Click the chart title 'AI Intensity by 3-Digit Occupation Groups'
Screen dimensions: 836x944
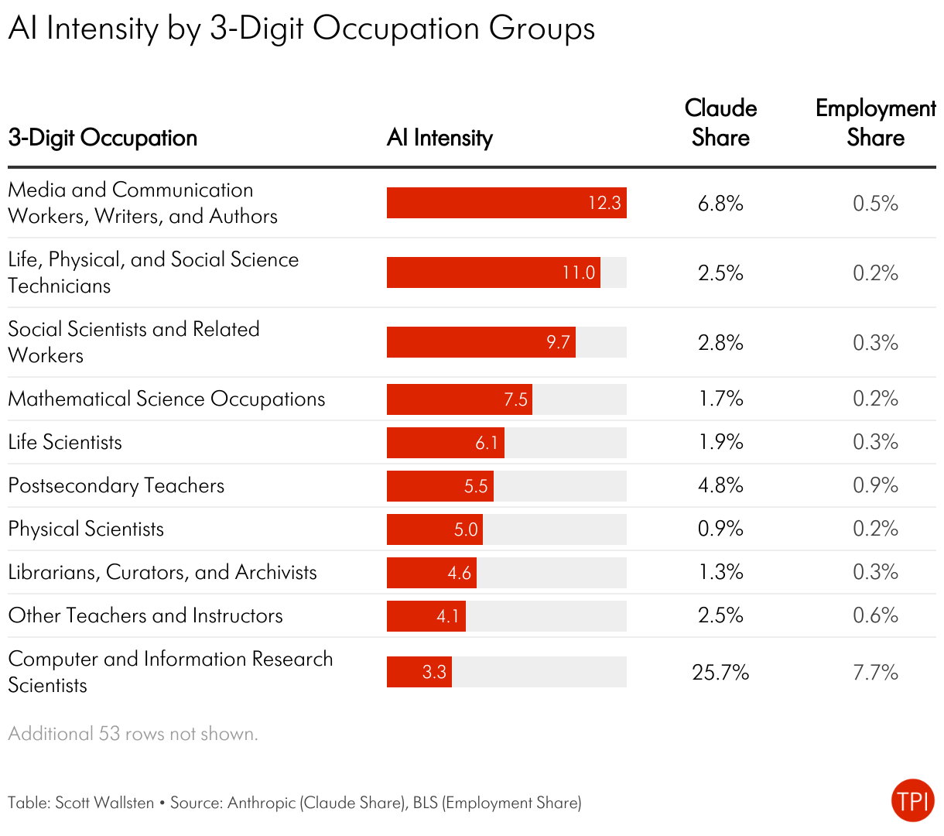click(x=302, y=29)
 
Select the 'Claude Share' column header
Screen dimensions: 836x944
click(x=720, y=123)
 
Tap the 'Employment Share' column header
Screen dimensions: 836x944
click(x=875, y=123)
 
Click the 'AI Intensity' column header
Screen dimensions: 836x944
click(x=440, y=138)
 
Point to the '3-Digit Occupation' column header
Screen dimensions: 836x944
click(x=103, y=138)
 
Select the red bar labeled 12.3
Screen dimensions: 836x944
click(x=506, y=203)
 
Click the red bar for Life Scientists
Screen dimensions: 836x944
click(x=445, y=443)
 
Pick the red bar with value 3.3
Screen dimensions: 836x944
click(x=419, y=672)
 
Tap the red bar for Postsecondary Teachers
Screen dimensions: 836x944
click(x=440, y=486)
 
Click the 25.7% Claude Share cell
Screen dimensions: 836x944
click(x=720, y=672)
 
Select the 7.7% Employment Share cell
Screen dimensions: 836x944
click(x=875, y=672)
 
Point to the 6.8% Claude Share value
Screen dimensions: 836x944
click(x=720, y=204)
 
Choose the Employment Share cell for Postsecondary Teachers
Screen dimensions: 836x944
click(x=875, y=485)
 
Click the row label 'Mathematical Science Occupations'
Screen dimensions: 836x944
click(x=166, y=399)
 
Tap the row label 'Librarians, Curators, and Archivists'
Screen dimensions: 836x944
click(x=162, y=573)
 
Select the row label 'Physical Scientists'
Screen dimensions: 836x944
click(x=86, y=529)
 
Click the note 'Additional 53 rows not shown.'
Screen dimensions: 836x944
click(x=133, y=734)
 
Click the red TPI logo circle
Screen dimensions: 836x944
click(x=913, y=800)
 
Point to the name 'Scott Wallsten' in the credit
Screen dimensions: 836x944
click(x=104, y=803)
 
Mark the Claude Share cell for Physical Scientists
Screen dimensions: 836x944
click(x=720, y=529)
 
